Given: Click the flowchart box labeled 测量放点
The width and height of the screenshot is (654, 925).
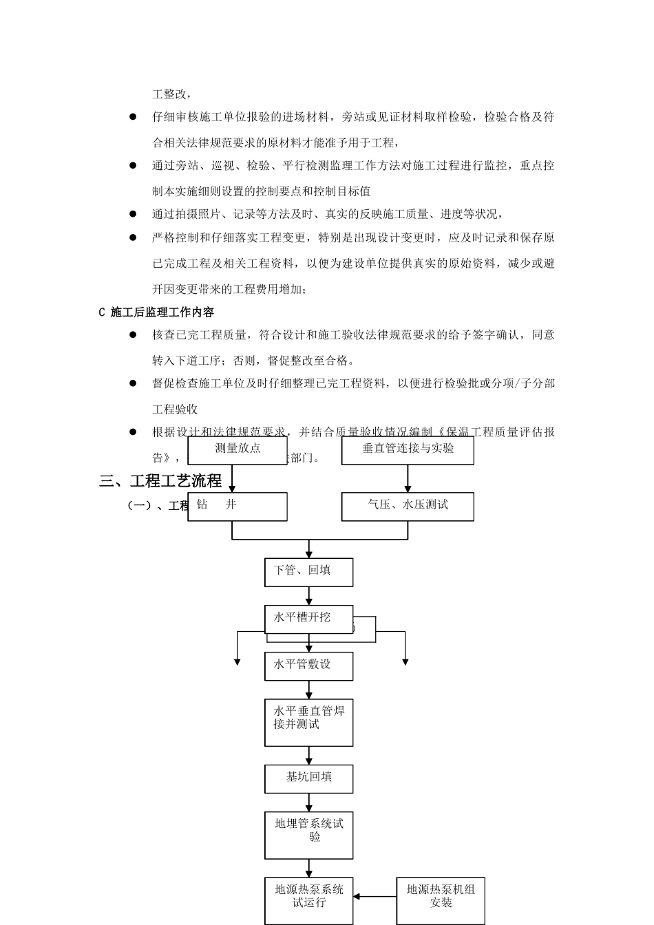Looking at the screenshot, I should click(238, 449).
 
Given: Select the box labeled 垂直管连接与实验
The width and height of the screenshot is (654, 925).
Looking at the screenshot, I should click(408, 449).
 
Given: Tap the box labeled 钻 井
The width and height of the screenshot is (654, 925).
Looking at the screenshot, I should click(238, 506).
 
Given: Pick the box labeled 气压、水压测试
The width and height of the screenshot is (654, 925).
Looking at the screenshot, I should click(408, 506).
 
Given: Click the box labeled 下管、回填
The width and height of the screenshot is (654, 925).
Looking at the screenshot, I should click(308, 572).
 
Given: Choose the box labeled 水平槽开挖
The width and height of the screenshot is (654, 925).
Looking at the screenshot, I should click(308, 618).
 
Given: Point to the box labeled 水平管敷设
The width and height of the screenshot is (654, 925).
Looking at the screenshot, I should click(308, 666).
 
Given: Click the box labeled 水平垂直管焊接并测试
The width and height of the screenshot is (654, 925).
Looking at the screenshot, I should click(308, 722).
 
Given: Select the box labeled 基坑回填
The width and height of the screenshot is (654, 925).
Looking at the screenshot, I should click(308, 778).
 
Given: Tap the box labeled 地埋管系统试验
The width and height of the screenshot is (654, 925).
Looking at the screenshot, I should click(308, 834).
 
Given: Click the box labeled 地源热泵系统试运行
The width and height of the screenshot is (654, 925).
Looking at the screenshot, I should click(308, 900).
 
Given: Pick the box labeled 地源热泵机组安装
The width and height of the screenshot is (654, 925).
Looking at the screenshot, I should click(440, 900).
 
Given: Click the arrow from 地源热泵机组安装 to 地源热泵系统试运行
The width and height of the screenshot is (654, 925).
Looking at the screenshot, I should click(375, 897).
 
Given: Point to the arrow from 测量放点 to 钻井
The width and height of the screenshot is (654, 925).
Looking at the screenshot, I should click(233, 478).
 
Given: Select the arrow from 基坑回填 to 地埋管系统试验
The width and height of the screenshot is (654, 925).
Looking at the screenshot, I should click(309, 802).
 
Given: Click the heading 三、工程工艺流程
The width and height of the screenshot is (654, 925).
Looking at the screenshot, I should click(160, 481).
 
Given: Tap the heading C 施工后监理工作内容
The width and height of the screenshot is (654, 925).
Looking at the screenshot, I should click(156, 312).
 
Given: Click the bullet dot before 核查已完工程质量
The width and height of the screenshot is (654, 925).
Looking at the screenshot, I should click(133, 335).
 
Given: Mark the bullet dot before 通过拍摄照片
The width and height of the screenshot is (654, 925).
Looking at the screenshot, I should click(133, 214).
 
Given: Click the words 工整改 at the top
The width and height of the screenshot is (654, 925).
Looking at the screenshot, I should click(171, 94).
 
